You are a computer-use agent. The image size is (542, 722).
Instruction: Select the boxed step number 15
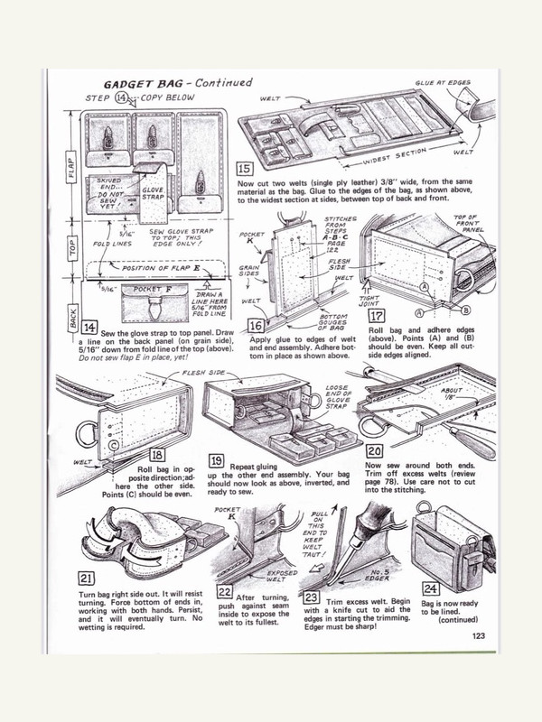(244, 169)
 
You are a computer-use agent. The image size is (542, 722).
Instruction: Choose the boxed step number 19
(217, 458)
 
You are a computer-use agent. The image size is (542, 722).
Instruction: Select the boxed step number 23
(314, 596)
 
